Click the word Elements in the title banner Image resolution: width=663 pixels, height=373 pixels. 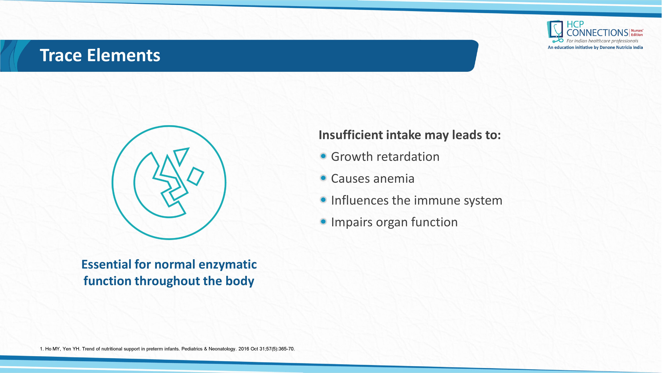click(124, 55)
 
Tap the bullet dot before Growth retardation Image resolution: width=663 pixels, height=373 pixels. click(323, 156)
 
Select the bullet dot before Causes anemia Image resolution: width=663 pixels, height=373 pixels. click(323, 178)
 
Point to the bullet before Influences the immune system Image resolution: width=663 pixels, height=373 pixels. click(323, 200)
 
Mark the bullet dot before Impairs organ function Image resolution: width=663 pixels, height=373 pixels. click(323, 222)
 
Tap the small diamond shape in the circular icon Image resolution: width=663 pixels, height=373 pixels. click(196, 176)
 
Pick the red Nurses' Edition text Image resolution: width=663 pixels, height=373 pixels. click(637, 33)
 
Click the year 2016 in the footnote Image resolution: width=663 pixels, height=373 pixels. click(244, 349)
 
